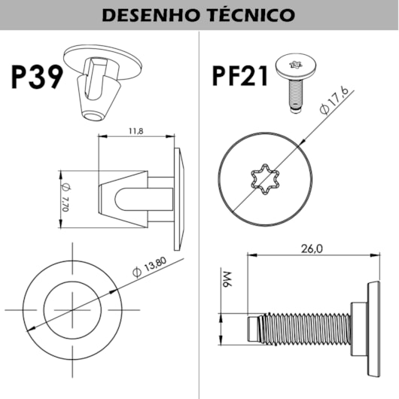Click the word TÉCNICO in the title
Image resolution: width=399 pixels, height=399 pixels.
[x=252, y=15]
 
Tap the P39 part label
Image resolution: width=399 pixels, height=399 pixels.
[x=37, y=77]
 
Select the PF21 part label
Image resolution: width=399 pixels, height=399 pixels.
[x=240, y=76]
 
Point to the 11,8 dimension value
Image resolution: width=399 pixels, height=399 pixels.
[x=136, y=131]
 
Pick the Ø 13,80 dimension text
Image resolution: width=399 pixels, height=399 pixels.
[x=150, y=267]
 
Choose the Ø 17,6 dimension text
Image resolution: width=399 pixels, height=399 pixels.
[x=334, y=102]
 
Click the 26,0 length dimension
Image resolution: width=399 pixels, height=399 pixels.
[x=312, y=248]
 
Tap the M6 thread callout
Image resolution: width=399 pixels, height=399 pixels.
[x=227, y=279]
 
